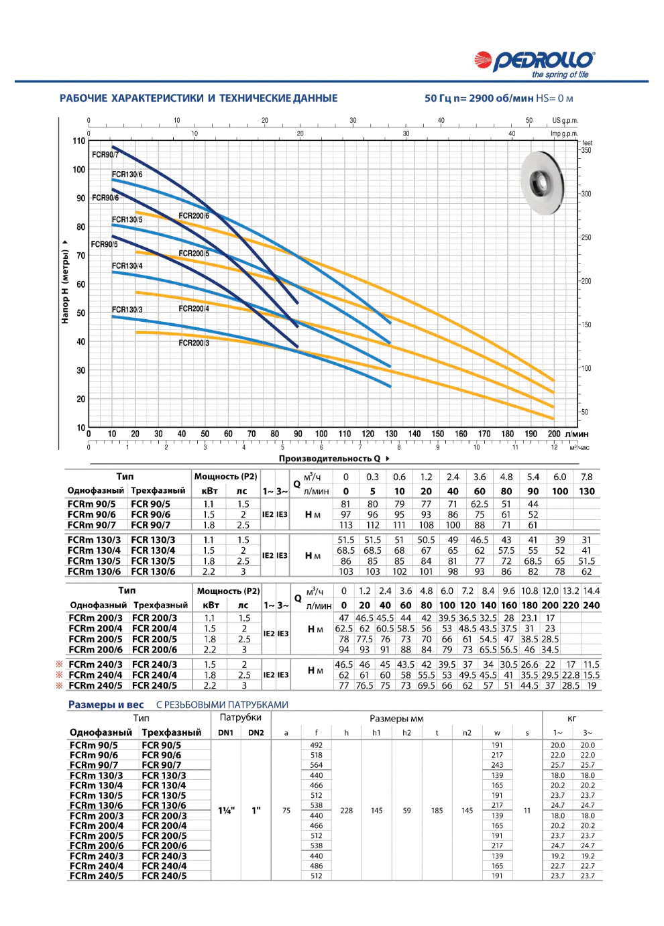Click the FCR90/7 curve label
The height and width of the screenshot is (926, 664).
coord(105,155)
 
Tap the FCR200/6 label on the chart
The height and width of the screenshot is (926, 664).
coord(194,216)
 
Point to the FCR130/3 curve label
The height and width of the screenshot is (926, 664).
coord(127,310)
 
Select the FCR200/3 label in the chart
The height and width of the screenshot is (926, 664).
coord(194,343)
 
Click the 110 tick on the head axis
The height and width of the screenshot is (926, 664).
coord(78,141)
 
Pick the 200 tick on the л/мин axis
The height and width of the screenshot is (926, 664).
coord(554,434)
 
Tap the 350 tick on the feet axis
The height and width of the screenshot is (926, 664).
coord(586,150)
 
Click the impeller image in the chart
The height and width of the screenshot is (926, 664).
coord(543,183)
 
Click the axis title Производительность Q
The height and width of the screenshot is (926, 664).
coord(329,459)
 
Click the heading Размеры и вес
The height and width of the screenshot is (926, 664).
coord(106,705)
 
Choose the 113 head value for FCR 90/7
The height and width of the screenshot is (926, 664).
coord(345,525)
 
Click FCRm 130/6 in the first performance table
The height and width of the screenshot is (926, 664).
coord(95,571)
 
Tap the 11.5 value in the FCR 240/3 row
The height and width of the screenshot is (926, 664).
coord(592,664)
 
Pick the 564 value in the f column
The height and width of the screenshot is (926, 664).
coord(317,765)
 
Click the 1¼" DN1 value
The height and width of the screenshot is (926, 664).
coord(226,811)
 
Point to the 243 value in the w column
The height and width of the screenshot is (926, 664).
coord(497,765)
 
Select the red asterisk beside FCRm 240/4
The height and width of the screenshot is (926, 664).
coord(60,675)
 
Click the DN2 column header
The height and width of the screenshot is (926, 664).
coord(256,733)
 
